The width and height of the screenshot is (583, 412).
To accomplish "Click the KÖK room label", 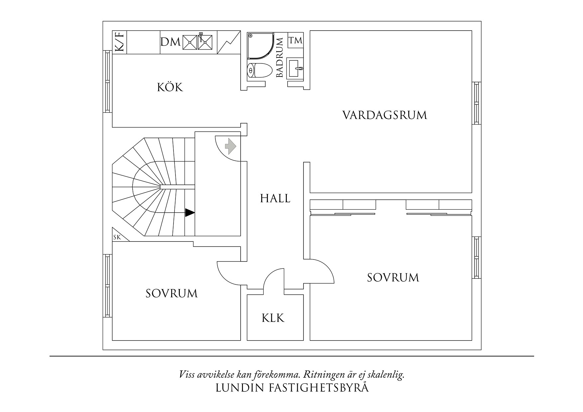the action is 170,87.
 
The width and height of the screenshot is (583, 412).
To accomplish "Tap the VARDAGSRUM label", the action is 385,115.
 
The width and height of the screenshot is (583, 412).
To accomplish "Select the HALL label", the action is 275,198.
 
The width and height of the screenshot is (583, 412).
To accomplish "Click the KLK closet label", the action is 273,318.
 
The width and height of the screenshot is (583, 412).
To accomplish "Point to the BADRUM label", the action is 280,57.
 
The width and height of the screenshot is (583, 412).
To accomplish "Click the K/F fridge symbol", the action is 120,42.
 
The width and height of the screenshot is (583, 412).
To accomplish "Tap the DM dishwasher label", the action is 171,42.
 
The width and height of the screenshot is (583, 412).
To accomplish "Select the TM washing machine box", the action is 295,40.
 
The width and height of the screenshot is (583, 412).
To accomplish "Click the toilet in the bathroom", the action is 260,70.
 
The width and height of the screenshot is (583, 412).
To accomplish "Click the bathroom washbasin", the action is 295,68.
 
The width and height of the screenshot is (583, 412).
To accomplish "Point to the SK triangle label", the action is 117,237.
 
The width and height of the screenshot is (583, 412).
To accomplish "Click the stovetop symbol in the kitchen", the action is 229,42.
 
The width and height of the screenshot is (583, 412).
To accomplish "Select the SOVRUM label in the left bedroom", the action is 172,293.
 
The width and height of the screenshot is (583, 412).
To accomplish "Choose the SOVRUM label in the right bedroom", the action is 393,277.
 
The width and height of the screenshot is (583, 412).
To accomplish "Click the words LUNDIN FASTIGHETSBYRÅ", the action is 292,388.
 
